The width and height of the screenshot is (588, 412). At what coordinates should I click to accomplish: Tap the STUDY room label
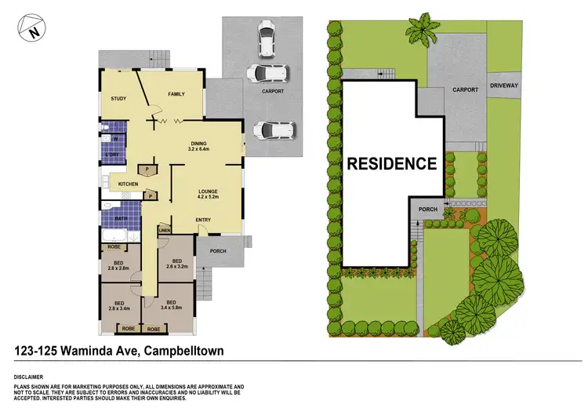click(119, 99)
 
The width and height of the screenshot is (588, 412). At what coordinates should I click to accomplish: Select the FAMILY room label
click(176, 94)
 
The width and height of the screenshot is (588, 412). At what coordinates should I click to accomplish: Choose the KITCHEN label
click(129, 184)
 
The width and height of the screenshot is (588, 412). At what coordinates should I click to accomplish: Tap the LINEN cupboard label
click(165, 230)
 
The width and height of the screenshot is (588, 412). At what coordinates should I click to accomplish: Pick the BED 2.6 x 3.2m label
click(177, 264)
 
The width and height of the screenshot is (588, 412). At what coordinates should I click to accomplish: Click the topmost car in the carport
click(267, 38)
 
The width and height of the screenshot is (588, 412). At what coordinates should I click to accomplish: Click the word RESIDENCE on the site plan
click(392, 164)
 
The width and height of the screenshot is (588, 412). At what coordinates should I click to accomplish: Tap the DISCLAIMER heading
click(30, 377)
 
